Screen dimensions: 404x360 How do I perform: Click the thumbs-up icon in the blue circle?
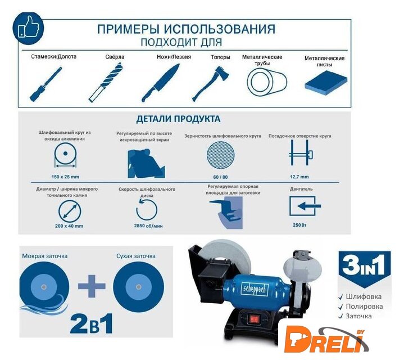29,28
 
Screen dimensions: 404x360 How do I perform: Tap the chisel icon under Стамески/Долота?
46,84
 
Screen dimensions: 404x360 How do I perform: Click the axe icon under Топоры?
211,84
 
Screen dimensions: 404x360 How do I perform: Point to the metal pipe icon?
267,82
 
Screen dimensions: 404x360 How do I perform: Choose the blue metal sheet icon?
326,83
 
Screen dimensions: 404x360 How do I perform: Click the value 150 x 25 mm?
65,177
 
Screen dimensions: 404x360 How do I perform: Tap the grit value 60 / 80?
220,177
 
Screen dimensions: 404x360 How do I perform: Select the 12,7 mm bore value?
299,177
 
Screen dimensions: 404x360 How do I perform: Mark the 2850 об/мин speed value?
148,226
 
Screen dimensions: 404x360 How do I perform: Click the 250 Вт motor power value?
299,225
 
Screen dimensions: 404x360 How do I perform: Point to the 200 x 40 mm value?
69,226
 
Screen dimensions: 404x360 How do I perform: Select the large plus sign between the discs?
92,286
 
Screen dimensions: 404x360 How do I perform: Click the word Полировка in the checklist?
364,307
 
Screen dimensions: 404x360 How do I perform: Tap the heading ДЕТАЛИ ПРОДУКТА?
178,119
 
